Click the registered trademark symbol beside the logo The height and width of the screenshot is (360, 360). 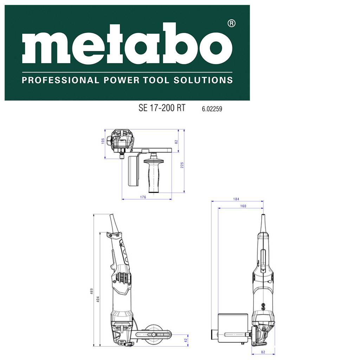tap(231, 24)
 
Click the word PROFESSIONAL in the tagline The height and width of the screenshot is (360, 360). tap(60, 81)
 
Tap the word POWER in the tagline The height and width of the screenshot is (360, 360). tap(121, 81)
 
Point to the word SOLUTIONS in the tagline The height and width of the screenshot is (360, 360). tap(203, 81)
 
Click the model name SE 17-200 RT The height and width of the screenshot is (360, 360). tap(162, 108)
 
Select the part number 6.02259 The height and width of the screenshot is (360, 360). tap(212, 109)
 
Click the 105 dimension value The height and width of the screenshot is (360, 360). tap(103, 141)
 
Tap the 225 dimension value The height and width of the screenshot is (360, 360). tap(182, 165)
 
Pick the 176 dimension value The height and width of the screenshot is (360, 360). tap(143, 197)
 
